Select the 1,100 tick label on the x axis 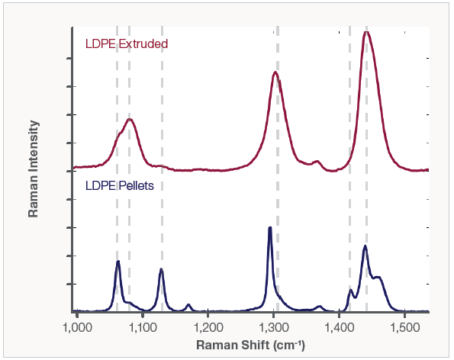point(142,327)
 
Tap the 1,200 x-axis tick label point(208,327)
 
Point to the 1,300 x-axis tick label point(273,327)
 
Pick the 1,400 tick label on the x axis point(339,327)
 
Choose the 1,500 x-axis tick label point(404,327)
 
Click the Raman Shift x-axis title point(251,345)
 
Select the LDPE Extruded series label point(126,44)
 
